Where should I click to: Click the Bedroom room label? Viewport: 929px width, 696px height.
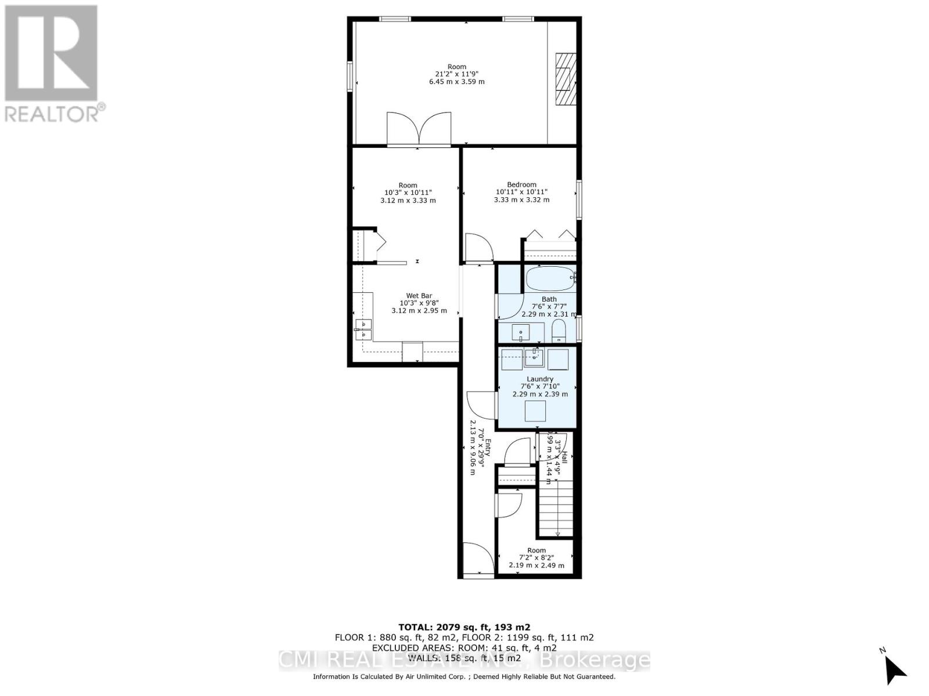521,184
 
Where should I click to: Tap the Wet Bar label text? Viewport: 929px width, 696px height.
419,296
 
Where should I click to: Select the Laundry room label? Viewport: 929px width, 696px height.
540,379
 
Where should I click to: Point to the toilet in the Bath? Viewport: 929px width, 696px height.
559,332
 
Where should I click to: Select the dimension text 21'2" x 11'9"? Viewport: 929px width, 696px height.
457,74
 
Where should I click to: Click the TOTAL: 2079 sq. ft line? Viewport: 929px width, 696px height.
464,627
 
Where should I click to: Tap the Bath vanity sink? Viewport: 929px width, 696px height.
521,333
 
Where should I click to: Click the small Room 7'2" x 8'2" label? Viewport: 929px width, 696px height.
536,558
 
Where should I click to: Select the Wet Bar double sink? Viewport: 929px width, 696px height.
363,329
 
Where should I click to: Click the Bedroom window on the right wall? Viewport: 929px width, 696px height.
579,200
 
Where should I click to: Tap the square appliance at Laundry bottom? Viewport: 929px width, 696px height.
535,411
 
